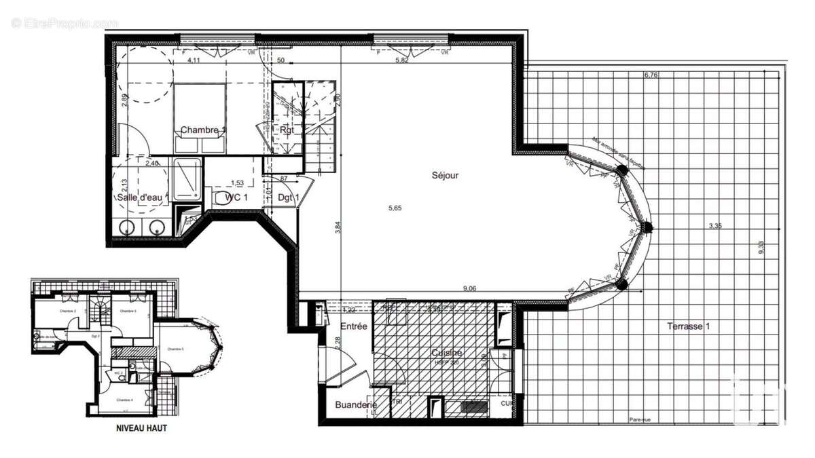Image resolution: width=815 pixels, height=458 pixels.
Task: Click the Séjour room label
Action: point(446,175)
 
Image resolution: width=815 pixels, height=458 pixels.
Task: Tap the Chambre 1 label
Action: point(203,130)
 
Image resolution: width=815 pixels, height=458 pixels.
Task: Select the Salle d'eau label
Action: point(139,197)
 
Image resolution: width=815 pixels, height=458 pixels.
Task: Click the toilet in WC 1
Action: point(219,197)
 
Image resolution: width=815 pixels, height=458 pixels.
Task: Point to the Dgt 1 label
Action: point(289,197)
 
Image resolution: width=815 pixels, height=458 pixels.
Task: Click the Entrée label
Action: point(354,326)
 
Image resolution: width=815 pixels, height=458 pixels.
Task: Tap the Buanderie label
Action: point(356,405)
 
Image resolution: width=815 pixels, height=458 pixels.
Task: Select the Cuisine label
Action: point(447,352)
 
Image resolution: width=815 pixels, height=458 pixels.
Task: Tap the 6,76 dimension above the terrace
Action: point(651,75)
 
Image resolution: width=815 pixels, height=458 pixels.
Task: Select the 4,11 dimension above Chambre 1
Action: point(194,60)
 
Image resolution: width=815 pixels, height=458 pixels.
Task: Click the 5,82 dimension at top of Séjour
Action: point(403,60)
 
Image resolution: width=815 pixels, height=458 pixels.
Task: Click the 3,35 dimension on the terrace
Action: point(714,227)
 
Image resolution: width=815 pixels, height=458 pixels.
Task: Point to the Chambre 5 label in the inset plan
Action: point(175,349)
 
